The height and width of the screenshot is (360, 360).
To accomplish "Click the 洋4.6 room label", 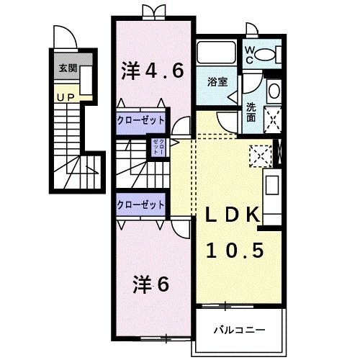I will (x=152, y=71).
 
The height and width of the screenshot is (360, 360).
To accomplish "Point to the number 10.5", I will (x=232, y=250).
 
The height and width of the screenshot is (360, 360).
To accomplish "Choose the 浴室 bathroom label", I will (x=217, y=82).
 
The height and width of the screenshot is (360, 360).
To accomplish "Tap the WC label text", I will (x=249, y=54).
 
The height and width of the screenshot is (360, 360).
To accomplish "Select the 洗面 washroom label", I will (x=251, y=112).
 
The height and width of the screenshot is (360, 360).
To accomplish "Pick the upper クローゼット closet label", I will (x=141, y=120).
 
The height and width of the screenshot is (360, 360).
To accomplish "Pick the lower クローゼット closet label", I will (x=141, y=205).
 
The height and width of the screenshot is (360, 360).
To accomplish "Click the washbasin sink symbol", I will (x=274, y=91).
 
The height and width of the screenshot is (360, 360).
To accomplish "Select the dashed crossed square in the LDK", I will (x=260, y=154).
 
